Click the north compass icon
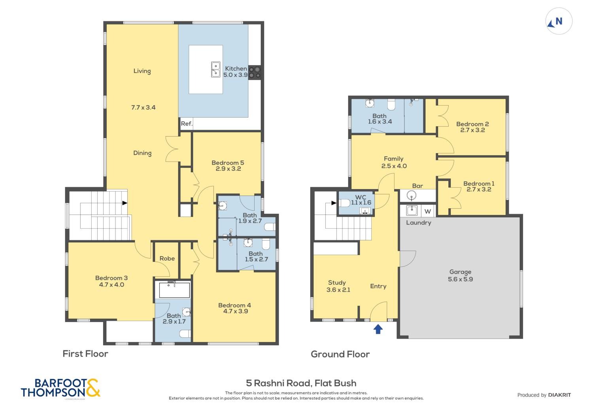click(559, 21)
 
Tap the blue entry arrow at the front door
click(378, 329)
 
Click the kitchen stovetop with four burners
click(255, 72)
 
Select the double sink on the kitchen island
click(215, 69)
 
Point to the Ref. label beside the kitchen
click(187, 124)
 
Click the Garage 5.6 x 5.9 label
click(460, 275)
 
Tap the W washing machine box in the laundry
click(428, 211)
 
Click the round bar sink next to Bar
click(411, 196)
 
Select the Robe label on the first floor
click(167, 258)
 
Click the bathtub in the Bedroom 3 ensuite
click(174, 289)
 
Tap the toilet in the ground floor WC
click(345, 203)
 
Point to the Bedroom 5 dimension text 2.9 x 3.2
click(228, 169)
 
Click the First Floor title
click(85, 354)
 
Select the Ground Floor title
click(340, 354)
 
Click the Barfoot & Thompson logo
click(60, 388)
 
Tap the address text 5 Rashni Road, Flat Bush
click(301, 383)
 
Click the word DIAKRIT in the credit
click(559, 395)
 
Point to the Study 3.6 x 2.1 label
click(338, 286)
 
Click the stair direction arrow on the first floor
click(125, 203)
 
